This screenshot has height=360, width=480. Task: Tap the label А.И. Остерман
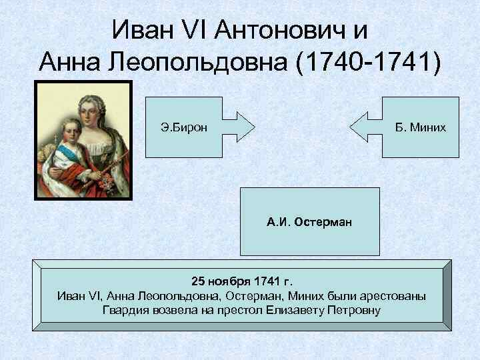309,222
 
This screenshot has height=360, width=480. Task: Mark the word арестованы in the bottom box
392,296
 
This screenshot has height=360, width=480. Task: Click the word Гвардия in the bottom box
124,310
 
